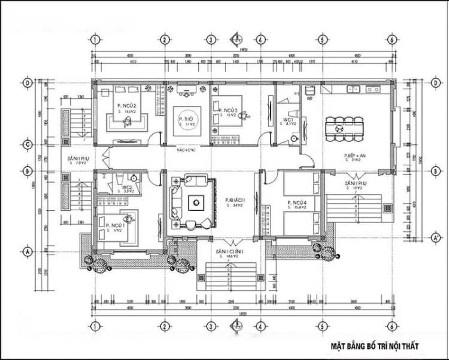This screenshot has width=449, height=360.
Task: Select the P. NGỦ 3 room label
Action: [226, 110]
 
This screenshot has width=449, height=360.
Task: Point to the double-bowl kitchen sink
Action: [353, 89]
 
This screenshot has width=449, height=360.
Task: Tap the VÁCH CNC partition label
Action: [187, 150]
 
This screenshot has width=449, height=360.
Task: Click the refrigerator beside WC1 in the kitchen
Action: [309, 91]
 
